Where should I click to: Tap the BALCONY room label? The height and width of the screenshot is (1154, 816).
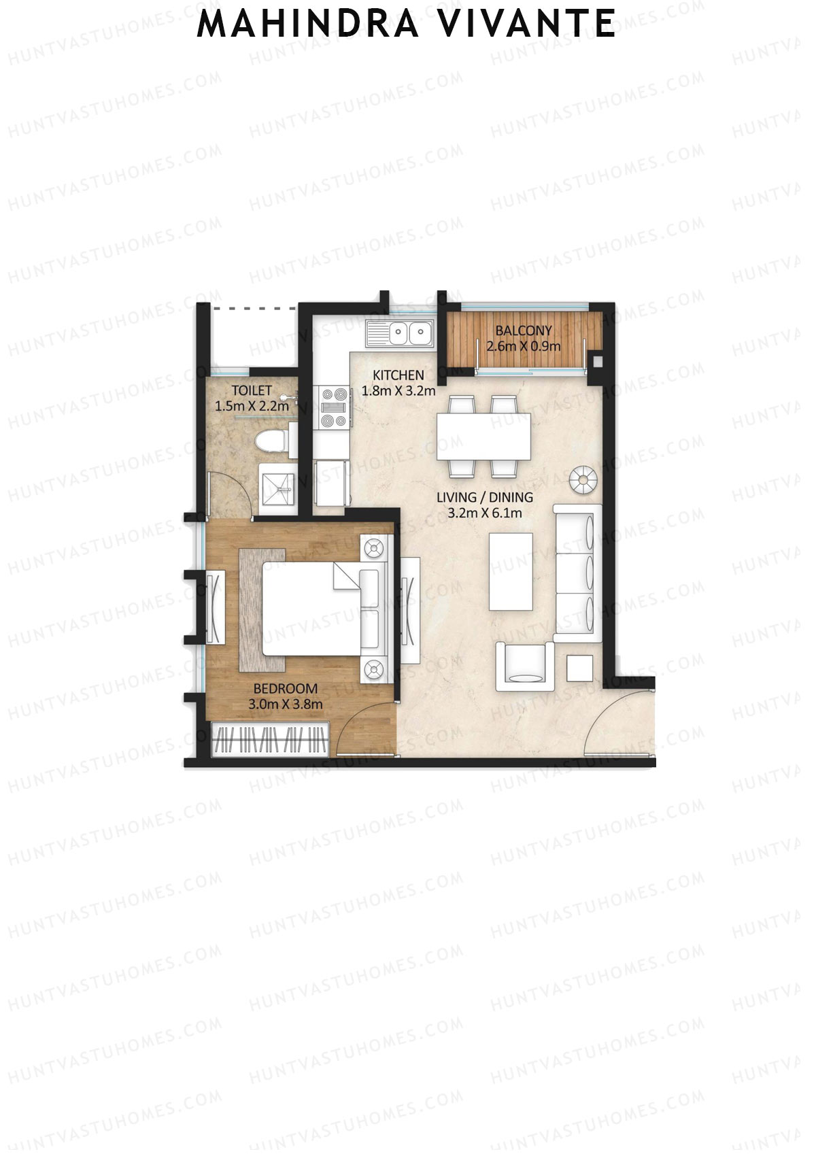[523, 330]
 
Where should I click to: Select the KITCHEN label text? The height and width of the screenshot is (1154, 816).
[398, 375]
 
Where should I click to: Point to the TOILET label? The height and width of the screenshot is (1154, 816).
[252, 390]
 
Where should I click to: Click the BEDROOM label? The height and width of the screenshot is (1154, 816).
[286, 689]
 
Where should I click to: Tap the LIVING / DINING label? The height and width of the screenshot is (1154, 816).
[484, 497]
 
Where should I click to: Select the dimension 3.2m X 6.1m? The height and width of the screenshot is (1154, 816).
[484, 513]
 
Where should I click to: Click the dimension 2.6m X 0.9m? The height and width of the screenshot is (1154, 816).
[523, 345]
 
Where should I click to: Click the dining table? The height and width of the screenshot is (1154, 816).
[483, 437]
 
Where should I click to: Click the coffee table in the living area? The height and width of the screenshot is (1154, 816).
[511, 571]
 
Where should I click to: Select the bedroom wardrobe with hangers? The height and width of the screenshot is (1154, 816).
[271, 740]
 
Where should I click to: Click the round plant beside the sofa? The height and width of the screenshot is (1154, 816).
[583, 479]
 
